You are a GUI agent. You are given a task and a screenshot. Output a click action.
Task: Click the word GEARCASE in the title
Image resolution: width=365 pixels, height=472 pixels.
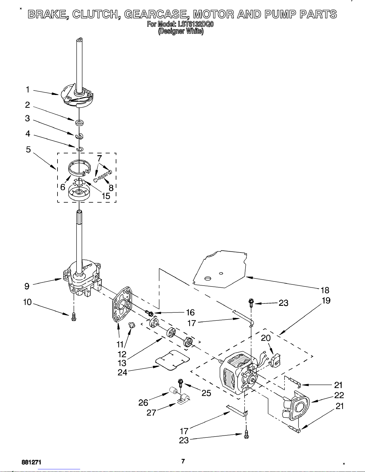[x=155, y=15]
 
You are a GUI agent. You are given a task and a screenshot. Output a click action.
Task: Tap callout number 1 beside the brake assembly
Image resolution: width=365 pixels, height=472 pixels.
[x=28, y=90]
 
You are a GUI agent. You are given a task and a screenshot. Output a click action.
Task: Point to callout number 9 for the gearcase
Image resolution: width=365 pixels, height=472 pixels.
[x=27, y=286]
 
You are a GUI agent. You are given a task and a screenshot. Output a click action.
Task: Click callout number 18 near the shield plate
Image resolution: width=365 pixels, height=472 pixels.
[x=325, y=290]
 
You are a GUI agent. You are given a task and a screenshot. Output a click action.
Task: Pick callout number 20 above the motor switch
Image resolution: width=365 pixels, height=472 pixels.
[x=266, y=338]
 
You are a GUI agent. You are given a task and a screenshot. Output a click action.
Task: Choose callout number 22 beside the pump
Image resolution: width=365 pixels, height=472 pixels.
[x=339, y=395]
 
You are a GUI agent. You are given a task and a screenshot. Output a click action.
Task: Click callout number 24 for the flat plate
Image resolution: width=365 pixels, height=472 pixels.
[x=122, y=372]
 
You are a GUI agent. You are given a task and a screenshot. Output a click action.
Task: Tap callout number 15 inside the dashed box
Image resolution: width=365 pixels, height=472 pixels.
[x=106, y=196]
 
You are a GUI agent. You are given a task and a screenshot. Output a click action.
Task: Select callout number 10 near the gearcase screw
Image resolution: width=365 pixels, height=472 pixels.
[x=28, y=302]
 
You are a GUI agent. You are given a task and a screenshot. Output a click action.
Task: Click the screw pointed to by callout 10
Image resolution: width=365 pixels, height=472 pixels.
[x=74, y=317]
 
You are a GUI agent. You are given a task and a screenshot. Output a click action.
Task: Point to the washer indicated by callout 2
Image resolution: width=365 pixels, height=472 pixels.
[x=79, y=122]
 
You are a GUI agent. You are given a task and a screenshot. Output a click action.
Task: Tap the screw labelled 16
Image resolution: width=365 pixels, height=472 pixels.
[x=149, y=313]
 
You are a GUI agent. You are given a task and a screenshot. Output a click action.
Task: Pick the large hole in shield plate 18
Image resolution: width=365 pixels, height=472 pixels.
[x=208, y=278]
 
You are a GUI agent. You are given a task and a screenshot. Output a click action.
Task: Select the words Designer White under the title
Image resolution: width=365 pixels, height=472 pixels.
[x=181, y=31]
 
